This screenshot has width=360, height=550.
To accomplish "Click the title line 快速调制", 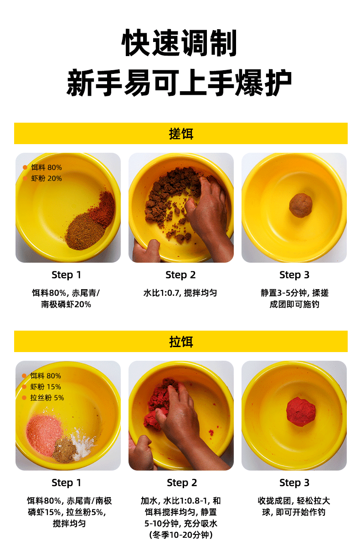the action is [x=179, y=43].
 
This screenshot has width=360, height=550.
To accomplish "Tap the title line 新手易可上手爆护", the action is [x=179, y=82].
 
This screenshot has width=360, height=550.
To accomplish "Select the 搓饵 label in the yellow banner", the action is [x=181, y=134].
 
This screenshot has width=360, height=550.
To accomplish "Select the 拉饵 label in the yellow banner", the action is [x=181, y=342].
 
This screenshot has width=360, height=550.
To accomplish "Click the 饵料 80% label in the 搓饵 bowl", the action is [x=46, y=167].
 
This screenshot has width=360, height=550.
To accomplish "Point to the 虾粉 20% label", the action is [x=46, y=178].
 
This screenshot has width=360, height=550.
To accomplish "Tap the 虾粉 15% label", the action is [x=46, y=387].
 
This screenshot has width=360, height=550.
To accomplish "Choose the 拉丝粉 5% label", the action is [x=47, y=398].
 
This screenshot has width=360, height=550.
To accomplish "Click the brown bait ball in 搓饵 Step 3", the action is [x=301, y=205].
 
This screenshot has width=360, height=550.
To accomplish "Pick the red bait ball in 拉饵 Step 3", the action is [x=301, y=412].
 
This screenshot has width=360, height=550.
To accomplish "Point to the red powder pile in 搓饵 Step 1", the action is [x=103, y=209].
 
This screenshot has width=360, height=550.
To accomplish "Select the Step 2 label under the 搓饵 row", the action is [x=180, y=275].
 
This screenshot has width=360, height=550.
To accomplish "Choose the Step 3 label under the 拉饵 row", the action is [x=294, y=483].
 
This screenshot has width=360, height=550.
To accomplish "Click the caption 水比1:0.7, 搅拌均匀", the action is [x=180, y=293].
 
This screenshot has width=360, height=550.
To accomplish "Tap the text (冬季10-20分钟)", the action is [x=181, y=535].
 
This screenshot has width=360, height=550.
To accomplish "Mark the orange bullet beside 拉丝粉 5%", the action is [x=24, y=398].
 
